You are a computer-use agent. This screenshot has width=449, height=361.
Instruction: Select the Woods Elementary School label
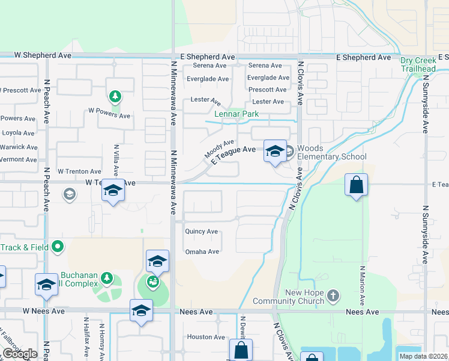(331, 153)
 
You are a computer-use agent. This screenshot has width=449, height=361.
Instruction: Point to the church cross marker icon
(333, 296)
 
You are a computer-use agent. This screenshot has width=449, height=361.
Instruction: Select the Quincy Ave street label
(202, 231)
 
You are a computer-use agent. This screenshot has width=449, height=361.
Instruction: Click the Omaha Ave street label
(202, 251)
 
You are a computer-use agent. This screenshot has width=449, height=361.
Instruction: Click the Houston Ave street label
(206, 337)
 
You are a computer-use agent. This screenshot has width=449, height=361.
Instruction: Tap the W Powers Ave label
(109, 113)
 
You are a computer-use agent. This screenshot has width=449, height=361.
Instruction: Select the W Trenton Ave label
(79, 171)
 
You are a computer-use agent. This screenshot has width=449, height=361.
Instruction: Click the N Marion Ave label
(362, 283)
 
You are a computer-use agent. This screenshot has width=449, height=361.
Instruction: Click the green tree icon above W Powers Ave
(115, 96)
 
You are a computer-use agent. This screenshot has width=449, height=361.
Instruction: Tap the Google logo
(19, 354)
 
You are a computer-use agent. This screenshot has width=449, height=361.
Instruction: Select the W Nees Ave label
(43, 312)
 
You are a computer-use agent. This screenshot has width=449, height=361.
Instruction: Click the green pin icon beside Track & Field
(58, 246)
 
